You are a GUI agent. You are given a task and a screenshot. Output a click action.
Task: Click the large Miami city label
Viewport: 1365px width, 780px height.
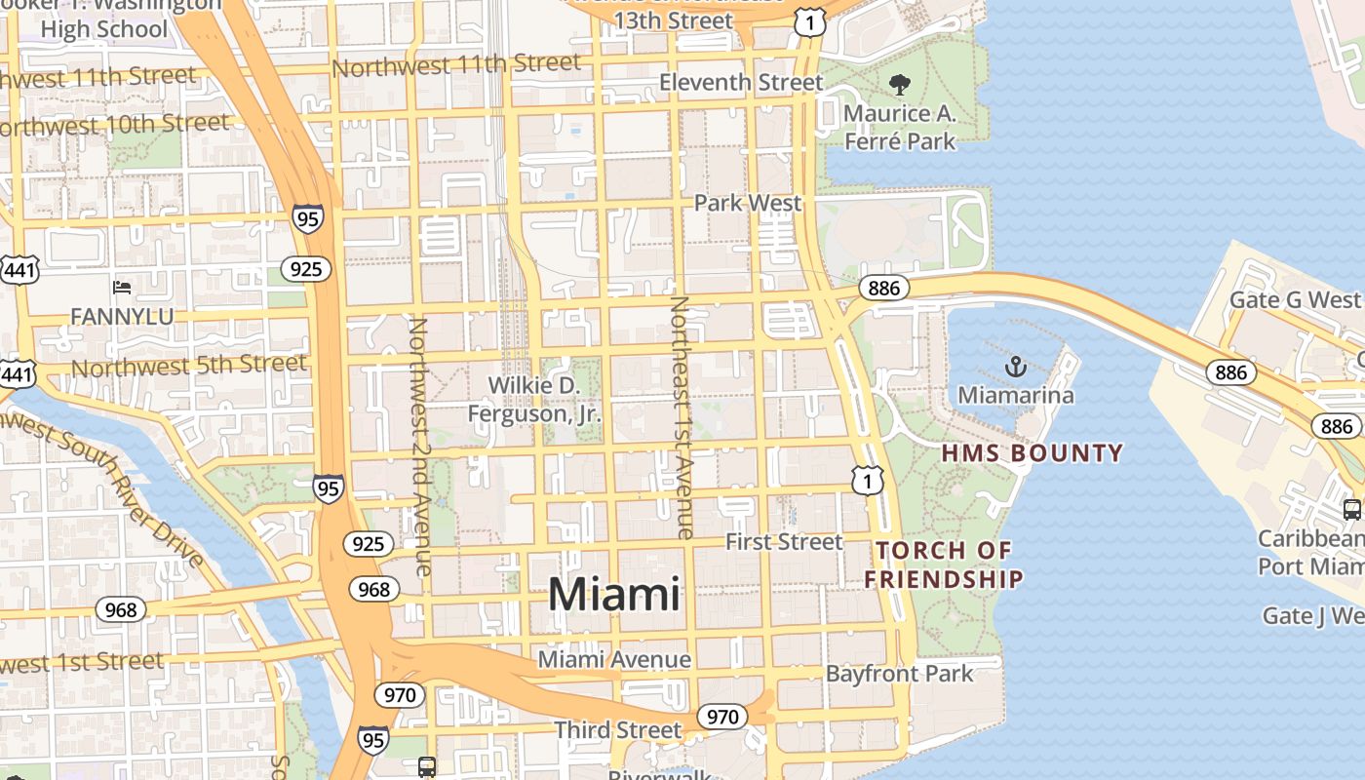click(614, 594)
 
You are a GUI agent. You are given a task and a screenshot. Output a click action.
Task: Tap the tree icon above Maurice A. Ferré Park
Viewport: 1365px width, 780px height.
click(899, 86)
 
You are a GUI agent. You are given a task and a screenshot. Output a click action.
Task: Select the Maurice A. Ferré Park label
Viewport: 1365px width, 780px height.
click(899, 127)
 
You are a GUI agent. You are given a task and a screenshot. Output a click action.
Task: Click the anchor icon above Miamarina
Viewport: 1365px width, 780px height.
click(1016, 368)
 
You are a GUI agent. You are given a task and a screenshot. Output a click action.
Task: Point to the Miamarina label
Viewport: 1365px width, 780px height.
click(1016, 395)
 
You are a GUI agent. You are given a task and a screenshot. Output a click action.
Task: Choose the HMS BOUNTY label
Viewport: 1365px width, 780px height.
click(1033, 453)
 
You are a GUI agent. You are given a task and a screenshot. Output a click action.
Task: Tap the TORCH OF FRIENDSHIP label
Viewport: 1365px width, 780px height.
click(944, 565)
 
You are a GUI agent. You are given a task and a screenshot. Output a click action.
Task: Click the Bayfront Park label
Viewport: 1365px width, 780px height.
click(899, 673)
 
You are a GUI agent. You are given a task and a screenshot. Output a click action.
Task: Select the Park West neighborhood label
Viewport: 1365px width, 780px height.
click(748, 203)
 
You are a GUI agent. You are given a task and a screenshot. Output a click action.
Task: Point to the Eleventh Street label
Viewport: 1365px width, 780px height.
click(741, 82)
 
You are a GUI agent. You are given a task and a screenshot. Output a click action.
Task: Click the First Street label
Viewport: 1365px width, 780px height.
click(784, 542)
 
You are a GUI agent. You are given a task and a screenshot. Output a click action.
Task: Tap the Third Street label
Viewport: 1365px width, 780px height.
click(618, 729)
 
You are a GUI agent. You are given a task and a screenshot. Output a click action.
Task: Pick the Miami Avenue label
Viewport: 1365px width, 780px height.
click(614, 660)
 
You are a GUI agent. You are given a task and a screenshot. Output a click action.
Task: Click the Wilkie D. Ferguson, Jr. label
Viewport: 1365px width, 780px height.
click(534, 400)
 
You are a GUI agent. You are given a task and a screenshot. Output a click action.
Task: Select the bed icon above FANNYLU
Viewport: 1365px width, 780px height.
click(122, 288)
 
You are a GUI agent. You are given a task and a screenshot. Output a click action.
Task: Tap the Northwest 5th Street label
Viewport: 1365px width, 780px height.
click(189, 366)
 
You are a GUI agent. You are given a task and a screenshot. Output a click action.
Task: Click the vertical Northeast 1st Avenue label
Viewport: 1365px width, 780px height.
click(681, 417)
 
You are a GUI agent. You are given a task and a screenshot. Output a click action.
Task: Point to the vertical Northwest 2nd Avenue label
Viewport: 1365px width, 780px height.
click(420, 446)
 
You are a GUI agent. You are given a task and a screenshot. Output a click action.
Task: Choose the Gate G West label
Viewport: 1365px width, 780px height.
click(1294, 299)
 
